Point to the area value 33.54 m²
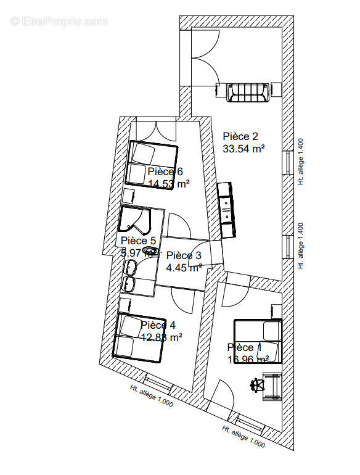pos(244,148)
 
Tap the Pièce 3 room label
pos(184,255)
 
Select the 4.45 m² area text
pos(184,267)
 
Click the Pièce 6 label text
pos(165,171)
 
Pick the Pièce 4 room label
pos(158,325)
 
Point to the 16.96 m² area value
pos(248,359)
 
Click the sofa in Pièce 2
pos(249,93)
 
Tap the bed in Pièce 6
pos(152,164)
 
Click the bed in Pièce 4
pos(139,337)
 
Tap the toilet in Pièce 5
pos(149,251)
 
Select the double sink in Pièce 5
pos(130,275)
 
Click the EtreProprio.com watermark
pos(59,21)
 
